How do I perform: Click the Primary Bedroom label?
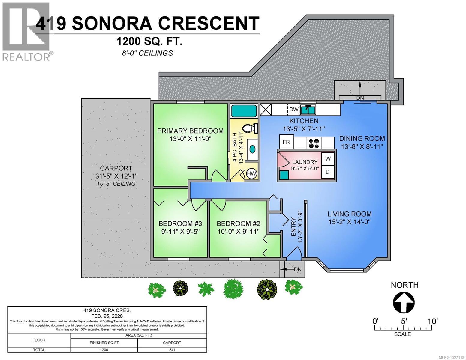(x=190, y=131)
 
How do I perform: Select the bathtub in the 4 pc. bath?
(x=244, y=111)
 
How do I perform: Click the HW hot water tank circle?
(x=251, y=173)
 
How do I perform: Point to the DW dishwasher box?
(x=293, y=109)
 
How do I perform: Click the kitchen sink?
(x=308, y=110)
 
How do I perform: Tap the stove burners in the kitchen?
(x=314, y=143)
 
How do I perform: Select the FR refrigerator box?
(x=287, y=142)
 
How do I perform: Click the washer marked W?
(x=328, y=159)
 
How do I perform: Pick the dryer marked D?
(x=328, y=172)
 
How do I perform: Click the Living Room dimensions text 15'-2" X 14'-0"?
(x=350, y=222)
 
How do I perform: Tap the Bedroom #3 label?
(x=180, y=223)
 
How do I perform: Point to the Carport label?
(x=116, y=168)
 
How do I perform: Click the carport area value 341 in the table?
(x=172, y=350)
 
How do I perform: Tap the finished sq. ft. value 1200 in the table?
(x=104, y=350)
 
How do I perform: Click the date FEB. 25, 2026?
(x=107, y=316)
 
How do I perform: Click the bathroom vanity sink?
(x=252, y=149)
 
